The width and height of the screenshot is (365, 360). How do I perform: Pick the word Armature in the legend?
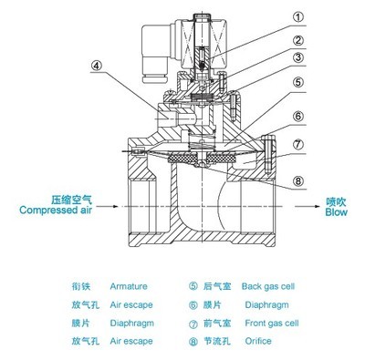tap(128, 285)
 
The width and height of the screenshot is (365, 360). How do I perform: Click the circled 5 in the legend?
tap(193, 285)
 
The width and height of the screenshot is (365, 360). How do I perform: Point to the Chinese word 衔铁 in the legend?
tap(82, 285)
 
